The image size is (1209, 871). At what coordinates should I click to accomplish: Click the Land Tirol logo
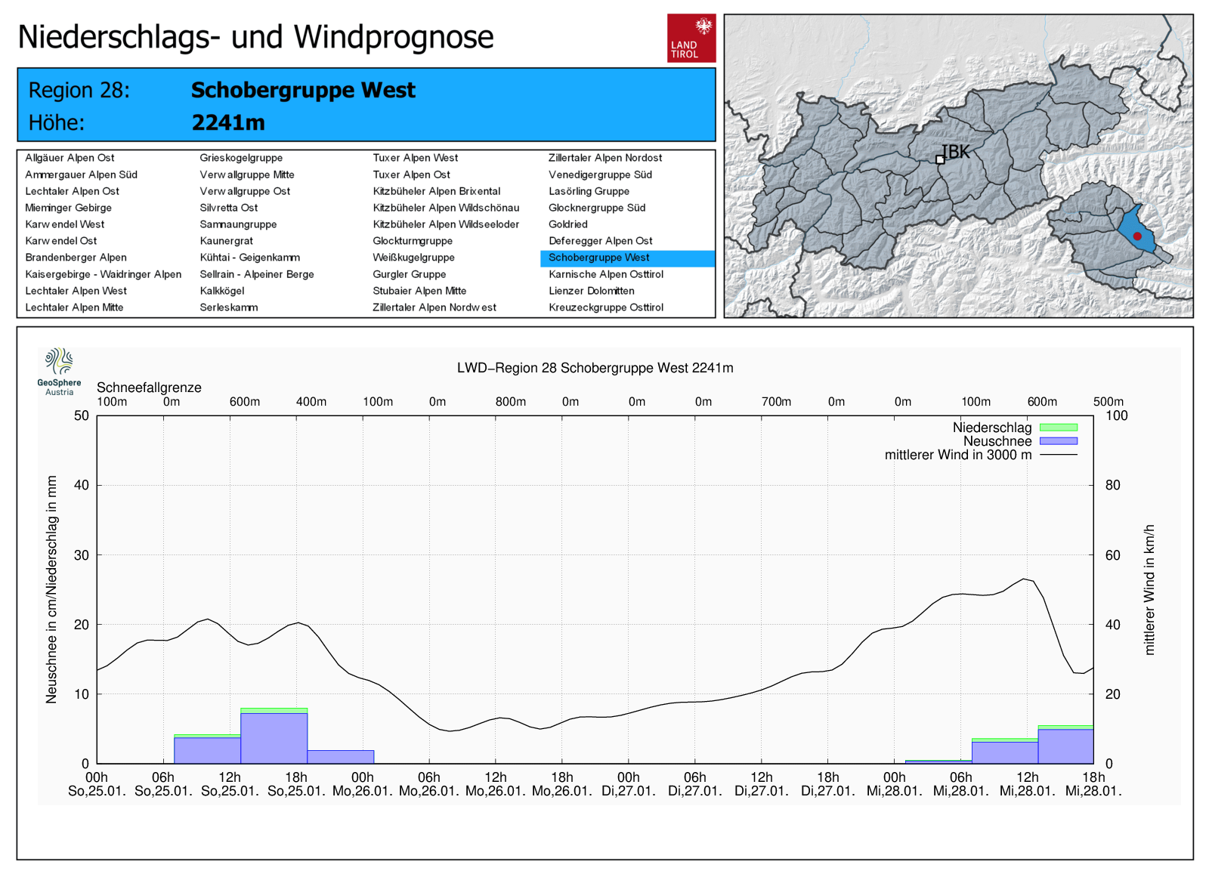[x=691, y=38]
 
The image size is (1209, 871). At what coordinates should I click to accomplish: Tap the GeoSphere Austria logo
[x=59, y=371]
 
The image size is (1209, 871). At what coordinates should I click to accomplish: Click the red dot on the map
[x=1137, y=236]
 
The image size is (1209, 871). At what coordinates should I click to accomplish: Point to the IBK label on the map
[x=956, y=152]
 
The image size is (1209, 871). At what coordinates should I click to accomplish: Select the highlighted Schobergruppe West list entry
[x=599, y=258]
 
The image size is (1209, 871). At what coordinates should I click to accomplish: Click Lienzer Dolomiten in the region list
[x=592, y=291]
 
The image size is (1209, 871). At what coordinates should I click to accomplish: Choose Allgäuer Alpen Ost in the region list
[x=70, y=158]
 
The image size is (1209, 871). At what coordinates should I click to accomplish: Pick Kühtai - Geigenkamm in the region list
[x=249, y=258]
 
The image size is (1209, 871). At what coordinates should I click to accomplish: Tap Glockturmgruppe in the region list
[x=413, y=241]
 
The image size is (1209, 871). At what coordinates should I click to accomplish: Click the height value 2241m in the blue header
[x=228, y=122]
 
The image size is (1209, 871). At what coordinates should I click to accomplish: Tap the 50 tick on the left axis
[x=82, y=415]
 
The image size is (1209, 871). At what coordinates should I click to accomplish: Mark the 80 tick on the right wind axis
[x=1113, y=485]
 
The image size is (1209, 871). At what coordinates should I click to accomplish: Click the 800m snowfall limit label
[x=511, y=402]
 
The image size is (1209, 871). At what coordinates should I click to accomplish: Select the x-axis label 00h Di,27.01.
[x=628, y=784]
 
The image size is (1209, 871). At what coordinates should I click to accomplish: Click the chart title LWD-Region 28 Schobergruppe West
[x=595, y=368]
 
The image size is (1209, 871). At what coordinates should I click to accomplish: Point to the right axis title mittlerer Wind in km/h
[x=1149, y=589]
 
